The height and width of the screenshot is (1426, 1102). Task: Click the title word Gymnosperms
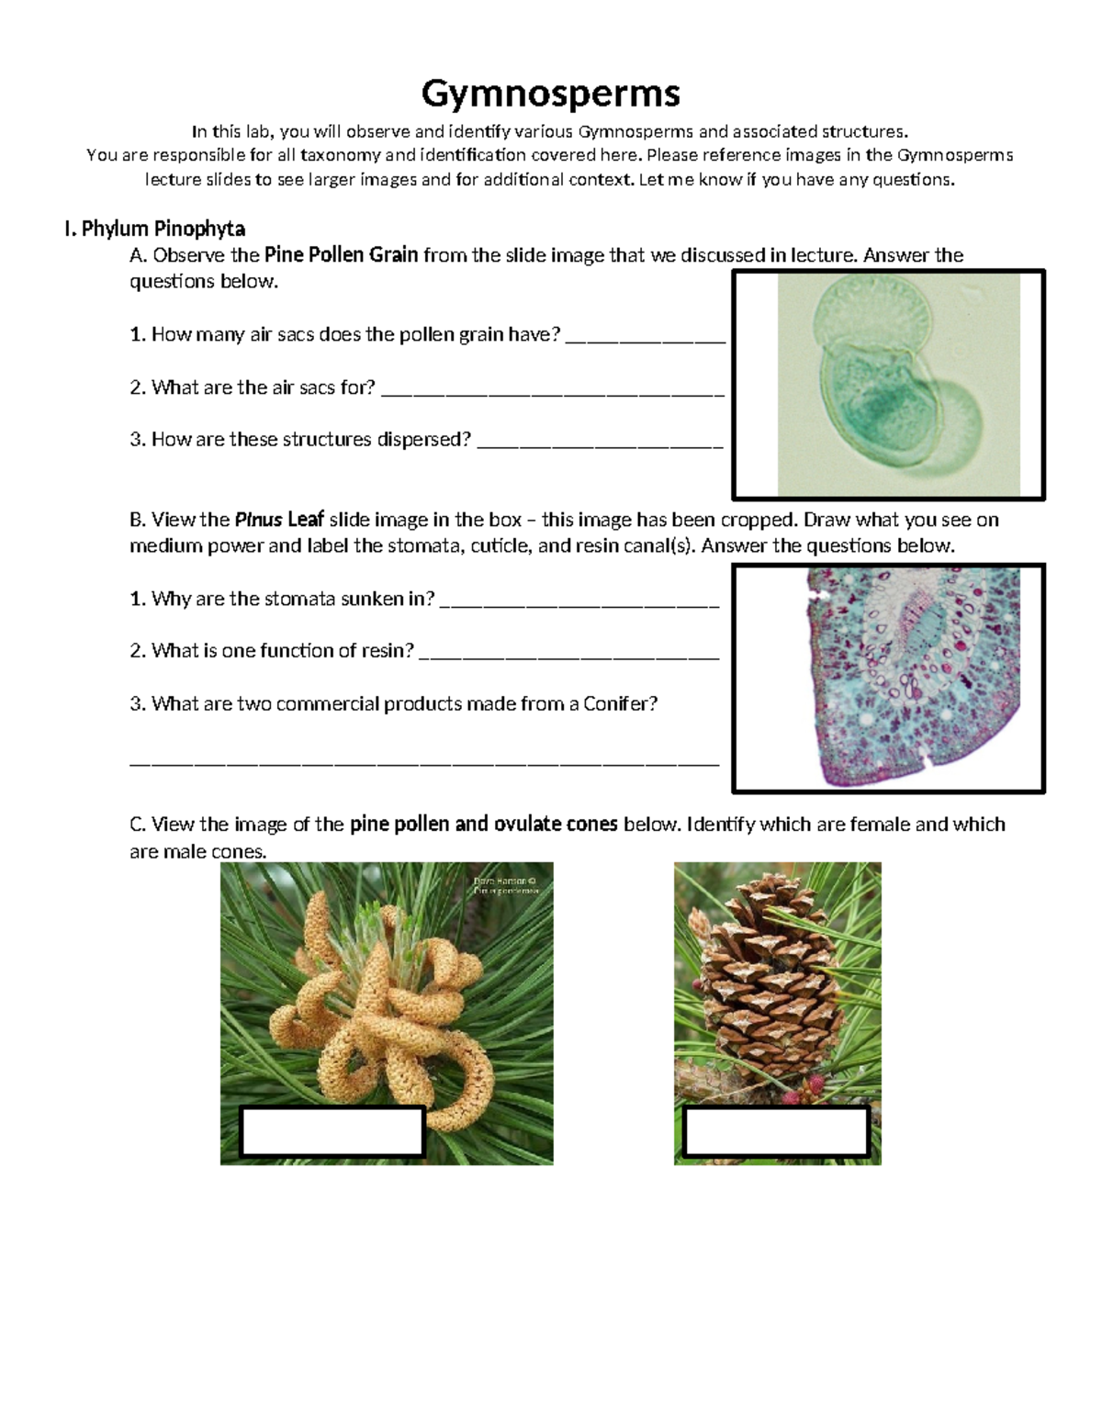coord(550,93)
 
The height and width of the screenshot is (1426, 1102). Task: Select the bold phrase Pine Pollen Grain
coord(341,255)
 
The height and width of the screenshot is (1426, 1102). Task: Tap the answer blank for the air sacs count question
coord(645,337)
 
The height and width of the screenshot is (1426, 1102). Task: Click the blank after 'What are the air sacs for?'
coord(552,390)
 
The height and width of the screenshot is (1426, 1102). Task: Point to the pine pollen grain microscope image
coord(897,386)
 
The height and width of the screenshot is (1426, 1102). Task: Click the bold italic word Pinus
coord(258,520)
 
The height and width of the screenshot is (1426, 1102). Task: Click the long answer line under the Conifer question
coord(424,760)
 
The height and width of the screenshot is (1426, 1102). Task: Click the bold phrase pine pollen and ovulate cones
coord(483,825)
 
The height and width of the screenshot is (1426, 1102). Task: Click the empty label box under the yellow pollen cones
coord(332,1131)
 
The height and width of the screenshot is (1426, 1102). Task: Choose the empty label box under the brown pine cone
coord(777,1131)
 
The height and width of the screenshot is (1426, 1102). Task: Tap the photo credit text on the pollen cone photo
coord(505,885)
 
